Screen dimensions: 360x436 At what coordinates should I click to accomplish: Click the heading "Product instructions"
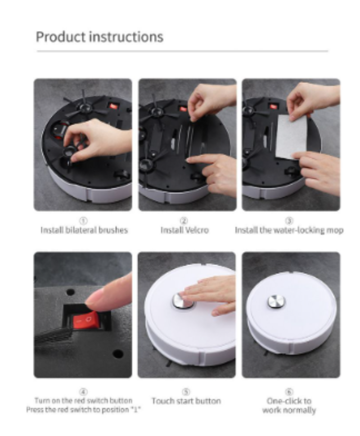point(99,37)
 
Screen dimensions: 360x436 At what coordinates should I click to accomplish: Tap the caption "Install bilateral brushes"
point(84,230)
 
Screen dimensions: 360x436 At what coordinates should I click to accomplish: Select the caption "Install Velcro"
point(184,230)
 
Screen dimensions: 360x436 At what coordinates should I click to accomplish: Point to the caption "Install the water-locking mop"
point(289,230)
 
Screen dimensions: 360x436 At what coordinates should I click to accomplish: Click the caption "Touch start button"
point(186,401)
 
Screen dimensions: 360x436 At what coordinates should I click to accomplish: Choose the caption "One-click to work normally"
point(289,405)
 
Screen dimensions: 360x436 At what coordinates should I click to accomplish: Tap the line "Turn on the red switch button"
point(83,400)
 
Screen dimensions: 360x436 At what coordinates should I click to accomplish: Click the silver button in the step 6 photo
point(276,302)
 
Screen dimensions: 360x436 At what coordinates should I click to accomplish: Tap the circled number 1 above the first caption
point(84,221)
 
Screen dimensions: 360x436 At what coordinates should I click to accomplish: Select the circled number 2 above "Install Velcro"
point(184,221)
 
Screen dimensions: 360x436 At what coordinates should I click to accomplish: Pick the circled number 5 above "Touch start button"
point(186,392)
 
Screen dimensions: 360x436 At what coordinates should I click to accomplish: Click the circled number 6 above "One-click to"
point(289,392)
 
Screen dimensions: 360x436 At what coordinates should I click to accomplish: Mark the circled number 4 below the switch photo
point(83,392)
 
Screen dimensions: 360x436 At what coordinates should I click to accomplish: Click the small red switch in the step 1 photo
point(113,106)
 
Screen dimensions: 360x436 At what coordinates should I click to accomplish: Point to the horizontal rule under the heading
point(182,51)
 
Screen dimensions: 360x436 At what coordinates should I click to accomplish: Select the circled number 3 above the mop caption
point(289,221)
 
